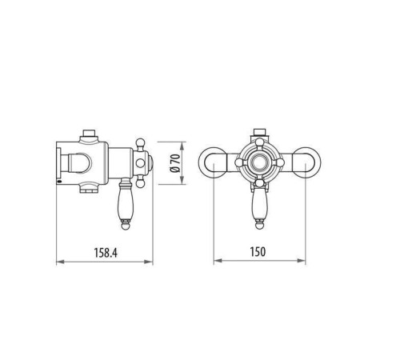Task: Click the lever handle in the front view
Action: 259,204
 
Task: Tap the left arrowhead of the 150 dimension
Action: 216,262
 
